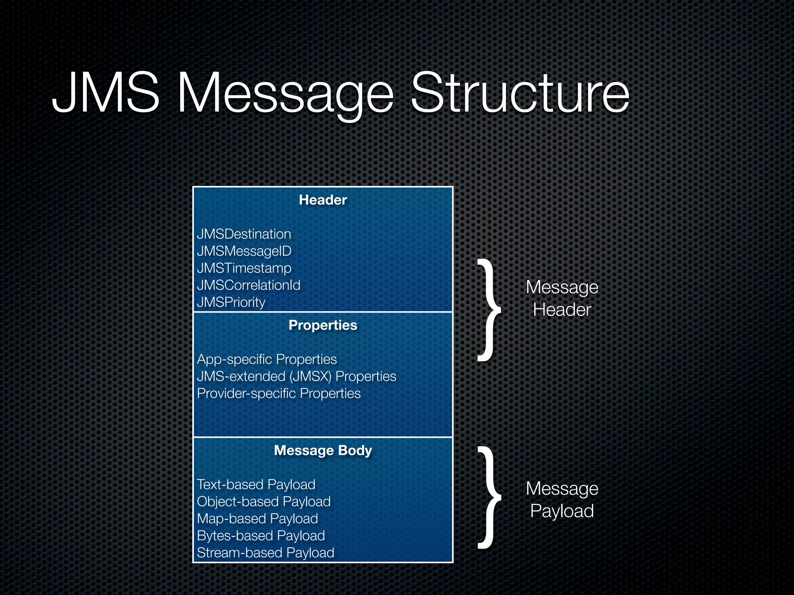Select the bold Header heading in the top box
[323, 200]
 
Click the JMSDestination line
[244, 234]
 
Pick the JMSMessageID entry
[244, 251]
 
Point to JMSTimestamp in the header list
[244, 268]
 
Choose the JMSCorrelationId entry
[249, 285]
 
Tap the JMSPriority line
[231, 302]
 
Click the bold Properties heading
[323, 325]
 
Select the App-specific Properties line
[267, 359]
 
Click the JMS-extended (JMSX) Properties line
[297, 376]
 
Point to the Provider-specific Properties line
[279, 393]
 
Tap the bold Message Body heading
[323, 450]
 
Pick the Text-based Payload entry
[256, 484]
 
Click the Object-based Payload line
[264, 501]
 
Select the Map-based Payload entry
[257, 518]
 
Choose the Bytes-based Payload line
[261, 535]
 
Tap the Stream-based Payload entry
[266, 552]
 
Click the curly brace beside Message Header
[488, 310]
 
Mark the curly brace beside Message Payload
[488, 497]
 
